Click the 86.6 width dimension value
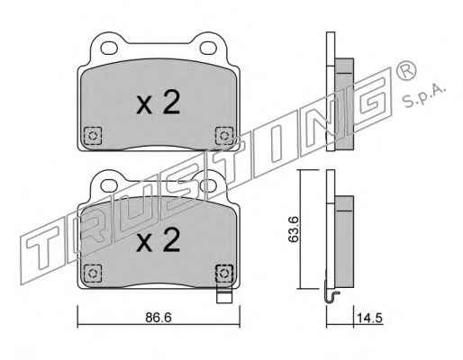click(x=159, y=318)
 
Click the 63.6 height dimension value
click(x=293, y=229)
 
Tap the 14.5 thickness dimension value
click(x=369, y=318)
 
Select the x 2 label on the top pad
click(x=158, y=103)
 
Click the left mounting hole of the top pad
click(x=109, y=48)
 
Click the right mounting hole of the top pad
click(x=208, y=48)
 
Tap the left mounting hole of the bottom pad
click(x=109, y=185)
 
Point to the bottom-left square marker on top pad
click(x=93, y=136)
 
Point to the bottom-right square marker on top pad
click(x=224, y=136)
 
